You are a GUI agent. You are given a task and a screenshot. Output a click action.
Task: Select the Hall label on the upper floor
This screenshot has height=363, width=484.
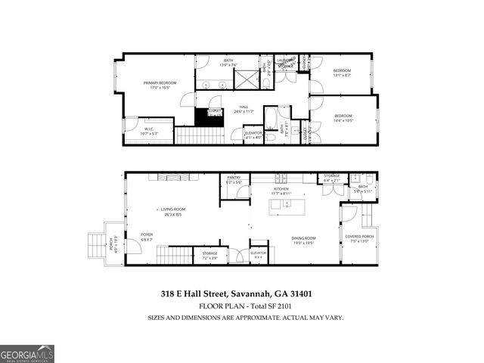(x=244, y=108)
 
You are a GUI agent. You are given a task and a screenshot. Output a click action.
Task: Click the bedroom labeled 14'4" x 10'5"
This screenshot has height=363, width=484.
(x=344, y=118)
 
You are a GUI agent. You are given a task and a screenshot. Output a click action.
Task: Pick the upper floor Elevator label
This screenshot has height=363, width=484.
(x=253, y=135)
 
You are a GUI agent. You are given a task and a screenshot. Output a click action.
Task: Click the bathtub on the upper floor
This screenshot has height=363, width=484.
(x=271, y=116)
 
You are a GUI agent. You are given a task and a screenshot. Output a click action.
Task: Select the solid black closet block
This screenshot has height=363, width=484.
(x=205, y=117)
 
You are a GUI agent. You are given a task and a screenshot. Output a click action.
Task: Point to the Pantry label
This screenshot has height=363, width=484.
(x=233, y=180)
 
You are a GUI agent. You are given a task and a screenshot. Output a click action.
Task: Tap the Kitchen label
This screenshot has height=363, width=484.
(x=281, y=191)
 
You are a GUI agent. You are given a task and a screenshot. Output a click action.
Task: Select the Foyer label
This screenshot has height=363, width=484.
(x=147, y=236)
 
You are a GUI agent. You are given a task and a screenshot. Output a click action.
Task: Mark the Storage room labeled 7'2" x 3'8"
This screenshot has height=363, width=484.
(x=209, y=255)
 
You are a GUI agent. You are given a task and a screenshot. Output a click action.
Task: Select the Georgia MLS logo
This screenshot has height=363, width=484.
(x=27, y=354)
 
